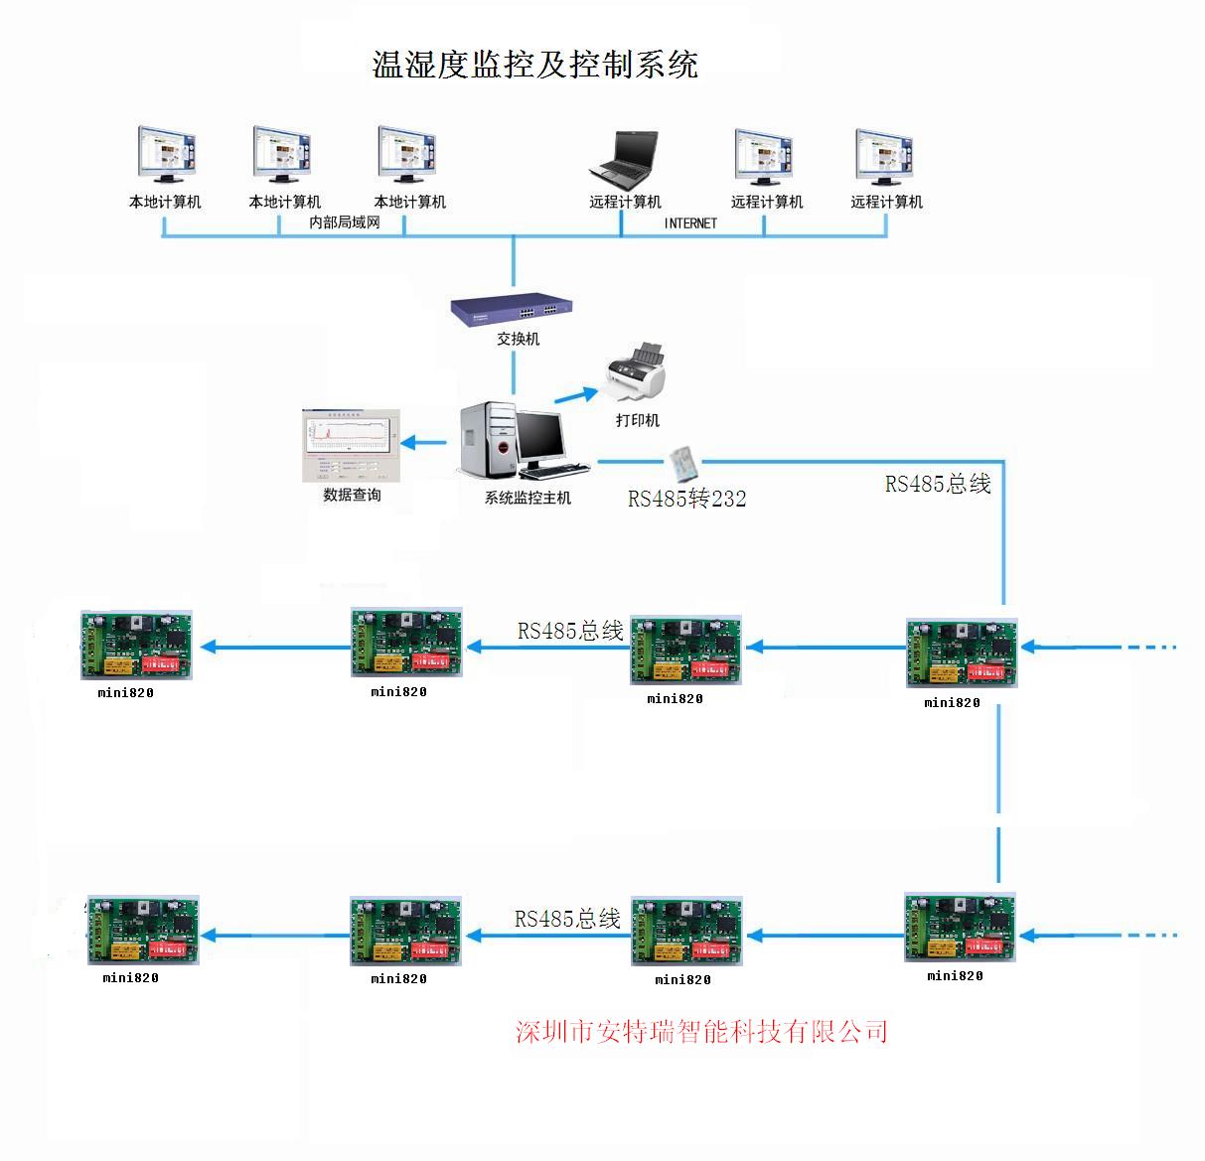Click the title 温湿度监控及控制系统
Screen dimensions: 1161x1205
click(x=534, y=65)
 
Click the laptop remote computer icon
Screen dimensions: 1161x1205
click(x=624, y=159)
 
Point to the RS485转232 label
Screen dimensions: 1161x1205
click(x=686, y=498)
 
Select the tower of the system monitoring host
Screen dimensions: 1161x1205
click(x=488, y=438)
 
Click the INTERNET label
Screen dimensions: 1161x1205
click(x=690, y=223)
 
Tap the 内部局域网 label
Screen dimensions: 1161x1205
click(x=345, y=222)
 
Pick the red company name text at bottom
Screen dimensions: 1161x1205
click(x=701, y=1032)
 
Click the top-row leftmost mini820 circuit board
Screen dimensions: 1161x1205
click(x=136, y=646)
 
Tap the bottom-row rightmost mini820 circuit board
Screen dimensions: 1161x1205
click(x=961, y=928)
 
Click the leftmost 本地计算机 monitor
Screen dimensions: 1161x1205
click(x=166, y=155)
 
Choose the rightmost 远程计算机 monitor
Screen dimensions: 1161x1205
click(x=885, y=157)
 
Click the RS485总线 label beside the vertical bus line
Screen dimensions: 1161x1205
click(x=938, y=484)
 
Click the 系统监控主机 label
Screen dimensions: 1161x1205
click(x=527, y=498)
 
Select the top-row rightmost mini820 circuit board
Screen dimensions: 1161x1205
click(x=962, y=653)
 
